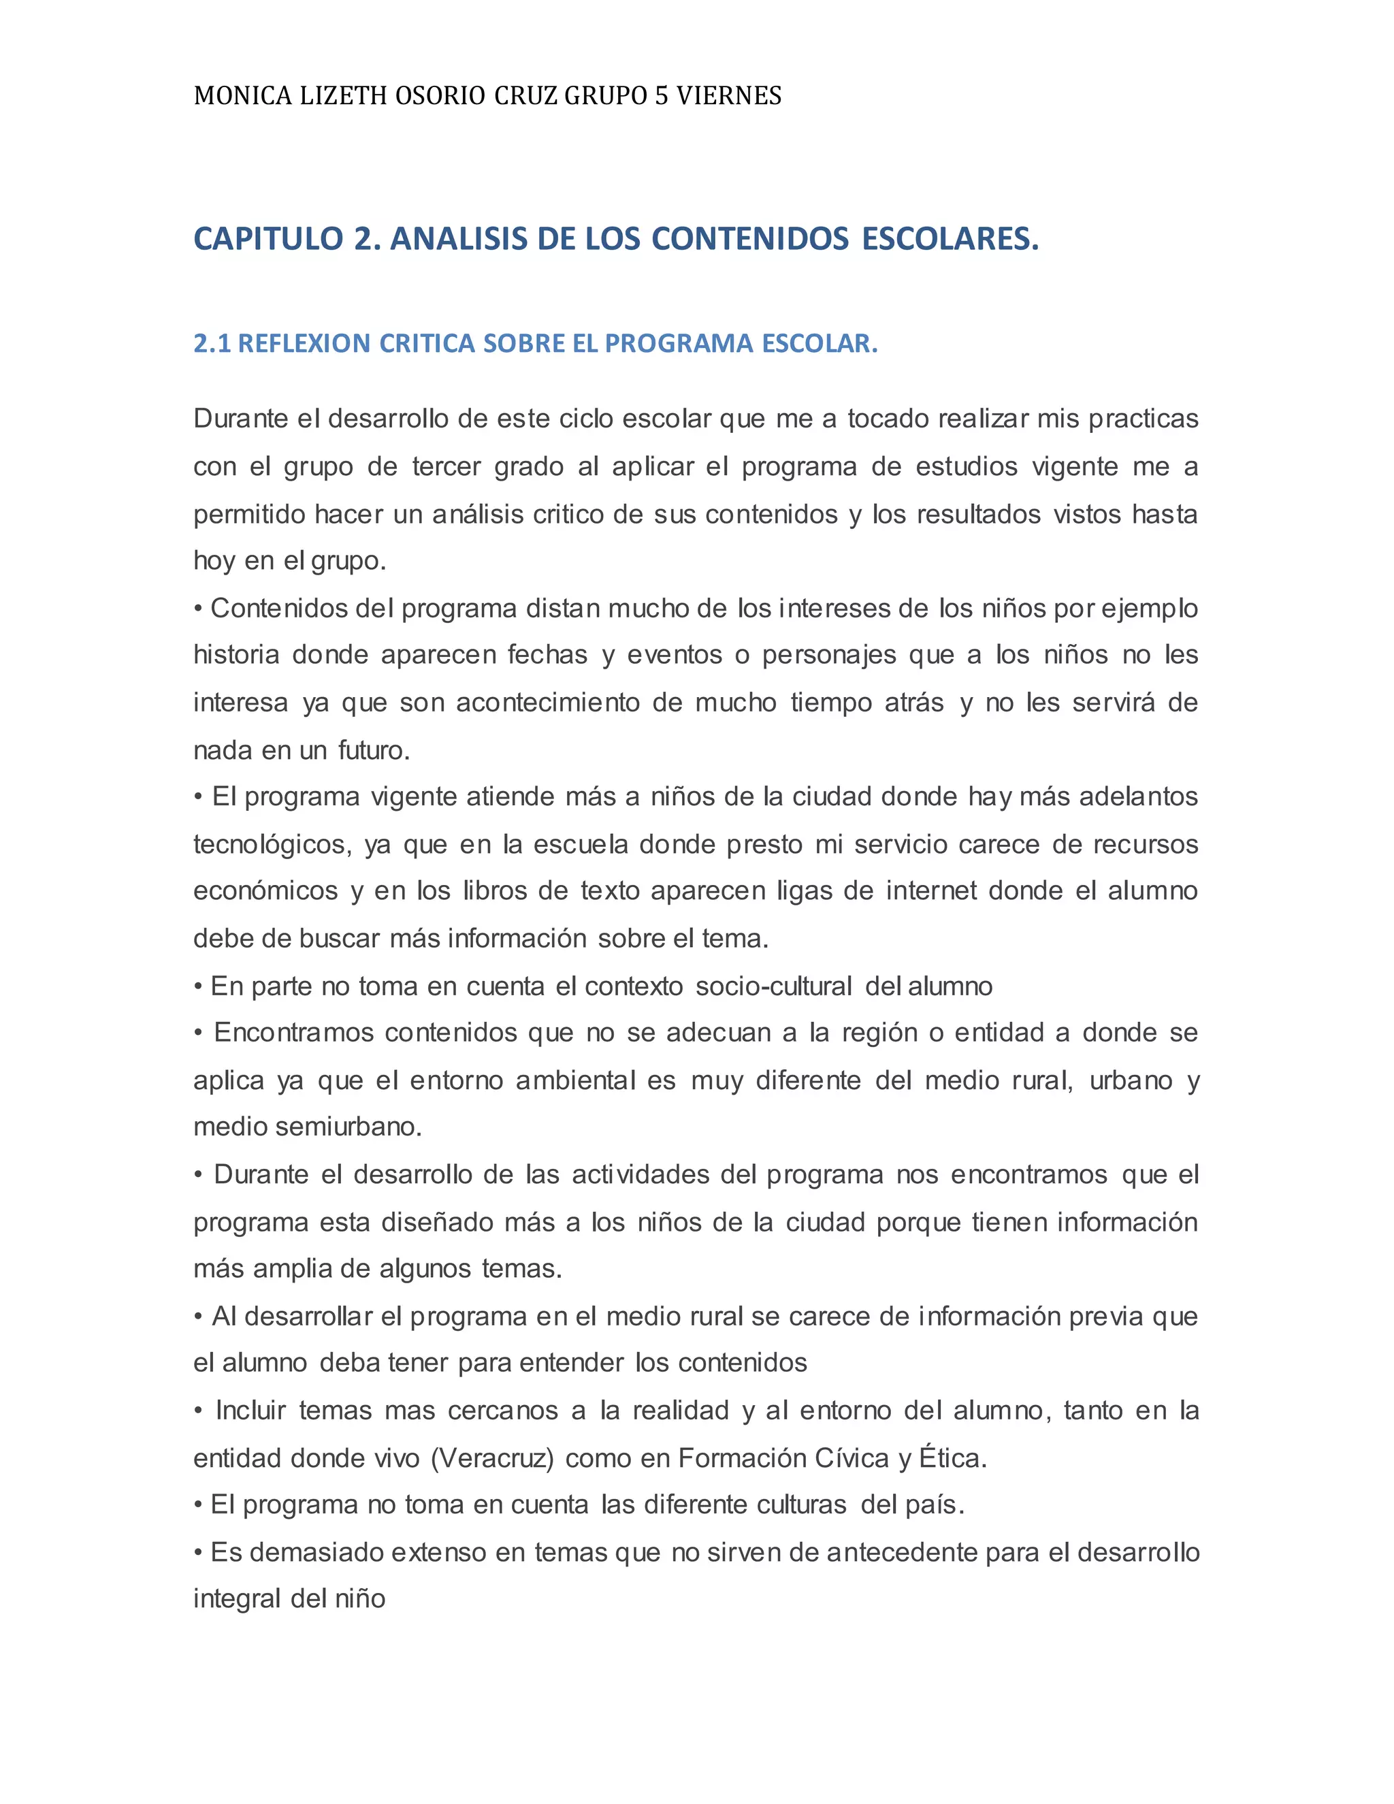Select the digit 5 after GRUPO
coord(661,97)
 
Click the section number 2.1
coord(212,344)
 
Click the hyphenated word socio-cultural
coord(774,986)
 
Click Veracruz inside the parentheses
coord(492,1459)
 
